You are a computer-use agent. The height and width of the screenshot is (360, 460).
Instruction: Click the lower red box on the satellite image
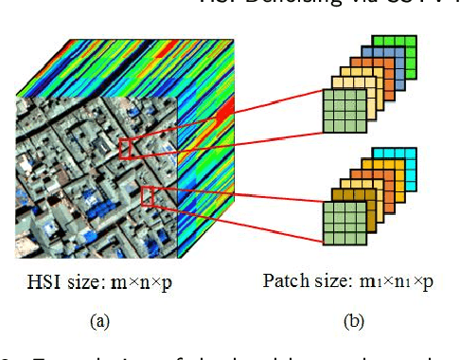(151, 196)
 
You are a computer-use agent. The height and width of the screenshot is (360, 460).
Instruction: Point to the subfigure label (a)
(99, 321)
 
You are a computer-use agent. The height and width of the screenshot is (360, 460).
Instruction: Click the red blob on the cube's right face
(224, 116)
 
